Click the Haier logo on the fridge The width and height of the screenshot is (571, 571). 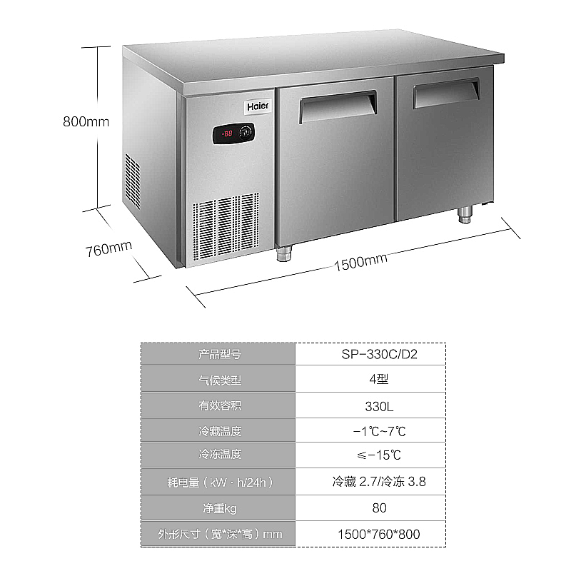tap(258, 106)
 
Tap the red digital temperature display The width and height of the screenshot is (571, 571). tap(228, 133)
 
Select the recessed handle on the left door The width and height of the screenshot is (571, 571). tap(338, 106)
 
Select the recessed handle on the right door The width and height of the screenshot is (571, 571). tap(446, 92)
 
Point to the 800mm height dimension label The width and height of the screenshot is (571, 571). tap(86, 121)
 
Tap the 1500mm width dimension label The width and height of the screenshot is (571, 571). tap(360, 262)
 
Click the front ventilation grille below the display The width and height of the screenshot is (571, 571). tap(225, 225)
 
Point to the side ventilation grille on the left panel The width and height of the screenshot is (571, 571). tap(133, 178)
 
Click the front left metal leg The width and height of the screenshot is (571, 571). tap(285, 253)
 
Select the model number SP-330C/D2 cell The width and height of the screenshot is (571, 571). tap(370, 354)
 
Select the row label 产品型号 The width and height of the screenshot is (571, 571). tap(220, 354)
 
